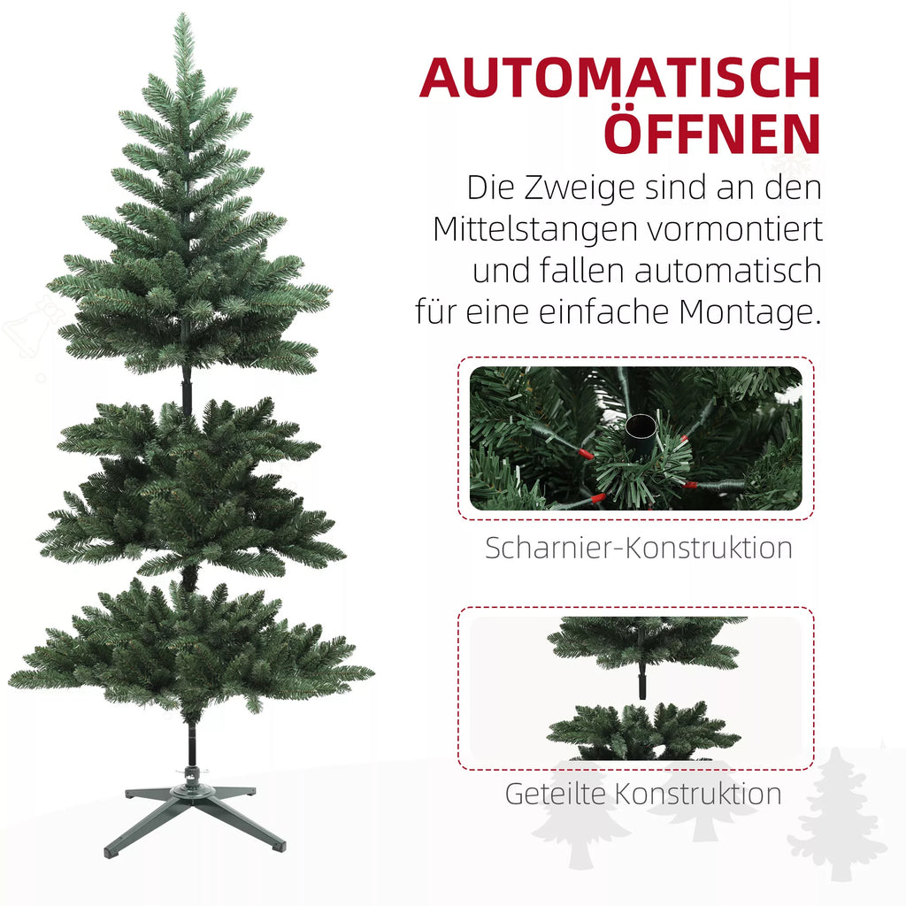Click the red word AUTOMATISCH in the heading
(x=620, y=78)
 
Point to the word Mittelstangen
(x=535, y=230)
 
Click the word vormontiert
(x=734, y=230)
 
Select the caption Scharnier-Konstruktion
(x=639, y=548)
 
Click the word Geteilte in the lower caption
(x=555, y=794)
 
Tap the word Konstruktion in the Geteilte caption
(x=697, y=794)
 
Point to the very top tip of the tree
(x=182, y=14)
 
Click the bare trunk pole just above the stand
(x=191, y=744)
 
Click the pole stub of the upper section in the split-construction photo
(x=642, y=682)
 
